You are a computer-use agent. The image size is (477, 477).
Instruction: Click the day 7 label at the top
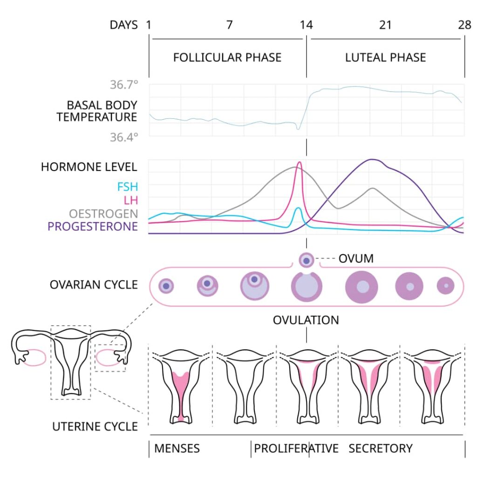point(229,25)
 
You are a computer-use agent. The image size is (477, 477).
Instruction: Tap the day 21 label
point(385,25)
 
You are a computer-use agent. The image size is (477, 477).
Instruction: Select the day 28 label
point(464,25)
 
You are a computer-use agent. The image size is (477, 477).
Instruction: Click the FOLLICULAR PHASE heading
point(227,58)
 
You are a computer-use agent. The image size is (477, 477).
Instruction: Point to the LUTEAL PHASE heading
point(385,58)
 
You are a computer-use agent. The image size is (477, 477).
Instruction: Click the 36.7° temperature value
point(124,85)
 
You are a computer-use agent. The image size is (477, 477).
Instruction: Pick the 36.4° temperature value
point(124,137)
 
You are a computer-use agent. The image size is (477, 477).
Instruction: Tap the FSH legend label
point(127,187)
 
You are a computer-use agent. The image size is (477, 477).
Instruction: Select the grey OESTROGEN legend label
point(103,214)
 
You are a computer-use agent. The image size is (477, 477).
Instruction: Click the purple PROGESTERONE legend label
point(93,226)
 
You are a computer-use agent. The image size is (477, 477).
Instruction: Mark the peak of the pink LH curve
point(299,163)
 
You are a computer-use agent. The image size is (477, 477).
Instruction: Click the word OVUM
point(356,259)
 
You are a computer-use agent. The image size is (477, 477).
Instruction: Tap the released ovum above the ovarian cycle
point(306,260)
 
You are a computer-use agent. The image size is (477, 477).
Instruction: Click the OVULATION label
point(306,320)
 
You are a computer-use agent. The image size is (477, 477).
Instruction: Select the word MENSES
point(177,449)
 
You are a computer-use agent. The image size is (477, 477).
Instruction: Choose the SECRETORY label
point(381,449)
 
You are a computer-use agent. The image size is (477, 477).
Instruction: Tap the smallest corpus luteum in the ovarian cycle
point(446,286)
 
